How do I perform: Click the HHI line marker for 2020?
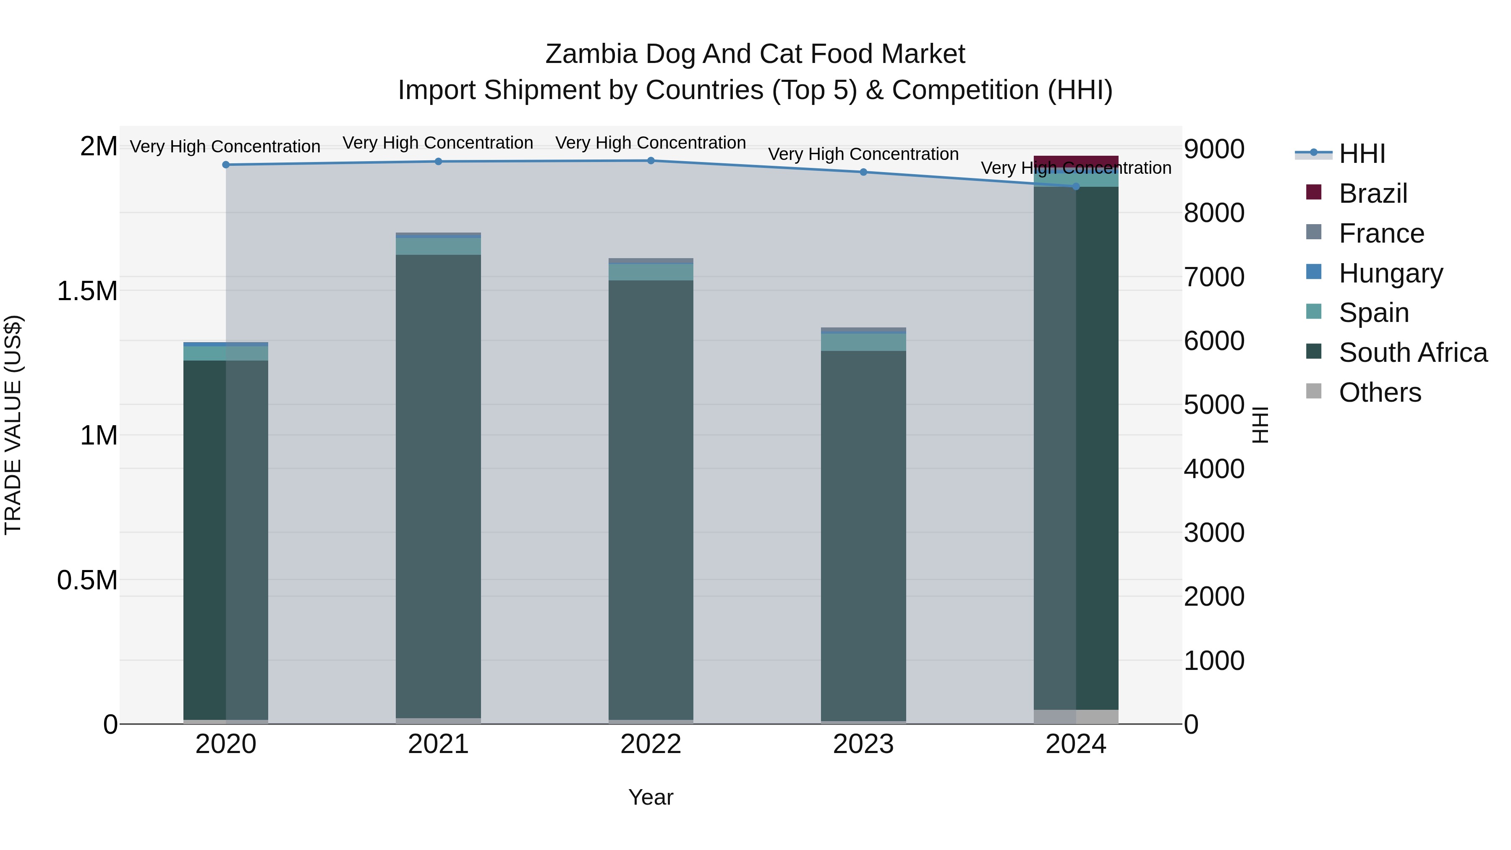tap(226, 165)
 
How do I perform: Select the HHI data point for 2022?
tap(651, 161)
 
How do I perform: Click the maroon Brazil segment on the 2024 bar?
tap(1076, 162)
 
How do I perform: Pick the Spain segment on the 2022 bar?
tap(651, 272)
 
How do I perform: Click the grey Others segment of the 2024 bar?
tap(1076, 717)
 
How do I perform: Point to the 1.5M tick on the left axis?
tap(87, 291)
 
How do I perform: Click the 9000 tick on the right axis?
tap(1213, 149)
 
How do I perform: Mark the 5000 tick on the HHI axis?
tap(1213, 405)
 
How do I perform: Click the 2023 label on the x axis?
tap(863, 744)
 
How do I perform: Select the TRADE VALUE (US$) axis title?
tap(13, 425)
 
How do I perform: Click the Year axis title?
tap(651, 797)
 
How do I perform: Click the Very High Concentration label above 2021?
tap(438, 143)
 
